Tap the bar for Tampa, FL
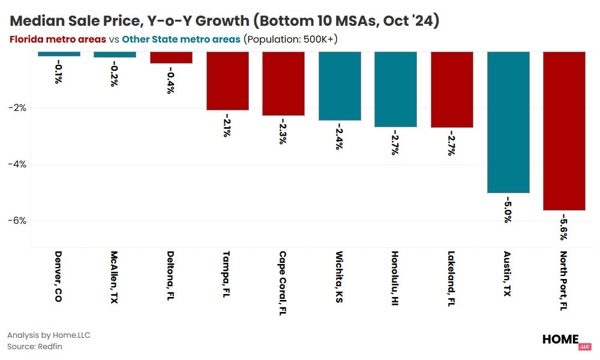tap(227, 81)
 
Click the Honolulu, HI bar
tap(395, 89)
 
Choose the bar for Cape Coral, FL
tap(283, 83)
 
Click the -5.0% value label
tap(508, 209)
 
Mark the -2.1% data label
tap(227, 125)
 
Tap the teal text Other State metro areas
tap(181, 39)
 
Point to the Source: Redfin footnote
tap(35, 346)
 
